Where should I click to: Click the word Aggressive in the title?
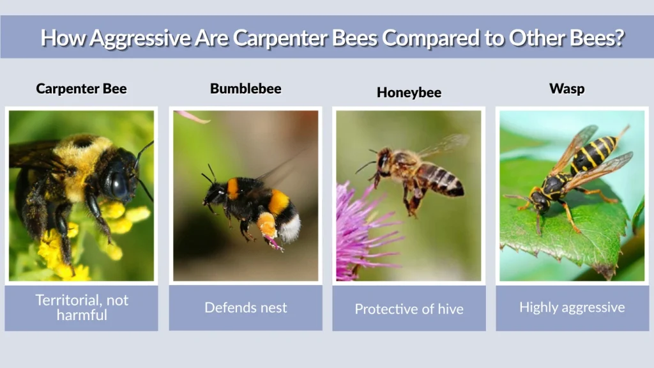[x=139, y=38]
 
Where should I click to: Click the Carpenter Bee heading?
[x=81, y=89]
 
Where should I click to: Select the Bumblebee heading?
[x=245, y=89]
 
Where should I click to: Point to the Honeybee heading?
[x=409, y=93]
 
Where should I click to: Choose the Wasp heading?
[x=567, y=89]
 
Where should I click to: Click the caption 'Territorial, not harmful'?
[x=81, y=307]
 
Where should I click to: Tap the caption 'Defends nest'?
[x=245, y=307]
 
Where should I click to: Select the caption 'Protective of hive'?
[x=409, y=309]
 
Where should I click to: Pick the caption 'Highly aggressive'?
[x=572, y=307]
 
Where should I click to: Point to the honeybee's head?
[x=384, y=160]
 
